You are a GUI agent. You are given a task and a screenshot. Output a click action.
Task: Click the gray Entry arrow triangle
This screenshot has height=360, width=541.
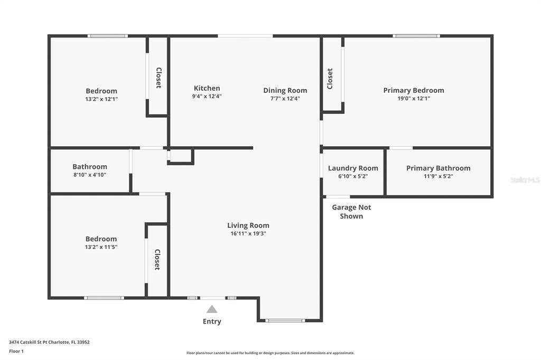pyautogui.click(x=212, y=309)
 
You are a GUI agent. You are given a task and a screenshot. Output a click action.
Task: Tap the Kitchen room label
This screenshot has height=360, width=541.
pyautogui.click(x=207, y=88)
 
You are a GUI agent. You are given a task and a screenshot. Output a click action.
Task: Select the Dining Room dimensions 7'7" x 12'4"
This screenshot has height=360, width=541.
pyautogui.click(x=285, y=99)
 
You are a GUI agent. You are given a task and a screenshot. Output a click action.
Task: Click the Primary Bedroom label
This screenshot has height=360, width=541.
pyautogui.click(x=414, y=90)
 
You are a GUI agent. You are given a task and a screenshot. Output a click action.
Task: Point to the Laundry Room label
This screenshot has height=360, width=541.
pyautogui.click(x=353, y=168)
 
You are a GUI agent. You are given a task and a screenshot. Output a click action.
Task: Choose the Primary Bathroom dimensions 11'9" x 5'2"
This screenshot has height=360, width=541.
pyautogui.click(x=438, y=176)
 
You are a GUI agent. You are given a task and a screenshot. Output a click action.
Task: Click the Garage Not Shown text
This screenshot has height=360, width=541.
pyautogui.click(x=351, y=212)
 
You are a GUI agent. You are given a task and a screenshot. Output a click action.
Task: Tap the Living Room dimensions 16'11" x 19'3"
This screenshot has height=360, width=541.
pyautogui.click(x=248, y=233)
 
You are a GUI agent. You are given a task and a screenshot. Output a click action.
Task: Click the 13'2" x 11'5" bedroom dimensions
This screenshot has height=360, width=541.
pyautogui.click(x=101, y=247)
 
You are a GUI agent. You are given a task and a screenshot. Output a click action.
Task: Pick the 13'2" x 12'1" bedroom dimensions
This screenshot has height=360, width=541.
pyautogui.click(x=101, y=99)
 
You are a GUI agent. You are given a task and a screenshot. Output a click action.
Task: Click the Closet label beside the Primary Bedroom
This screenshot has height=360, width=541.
pyautogui.click(x=330, y=79)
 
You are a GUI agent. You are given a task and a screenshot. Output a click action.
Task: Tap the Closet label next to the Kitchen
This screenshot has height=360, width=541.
pyautogui.click(x=158, y=78)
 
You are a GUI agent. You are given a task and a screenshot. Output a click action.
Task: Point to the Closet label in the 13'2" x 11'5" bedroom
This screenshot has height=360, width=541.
pyautogui.click(x=157, y=259)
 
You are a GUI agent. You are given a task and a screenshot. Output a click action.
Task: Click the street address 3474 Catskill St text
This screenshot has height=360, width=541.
pyautogui.click(x=49, y=342)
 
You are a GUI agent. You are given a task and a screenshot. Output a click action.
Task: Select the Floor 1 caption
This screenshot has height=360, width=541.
pyautogui.click(x=16, y=351)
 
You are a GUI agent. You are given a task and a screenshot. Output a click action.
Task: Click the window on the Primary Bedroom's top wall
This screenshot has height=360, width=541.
pyautogui.click(x=416, y=36)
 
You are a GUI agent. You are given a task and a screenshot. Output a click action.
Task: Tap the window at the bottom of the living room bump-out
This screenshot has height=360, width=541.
pyautogui.click(x=285, y=320)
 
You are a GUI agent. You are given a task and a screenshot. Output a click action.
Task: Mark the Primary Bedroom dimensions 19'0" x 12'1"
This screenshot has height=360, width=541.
pyautogui.click(x=414, y=98)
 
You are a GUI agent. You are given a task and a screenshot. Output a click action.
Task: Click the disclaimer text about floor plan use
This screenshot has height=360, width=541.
pyautogui.click(x=270, y=353)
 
